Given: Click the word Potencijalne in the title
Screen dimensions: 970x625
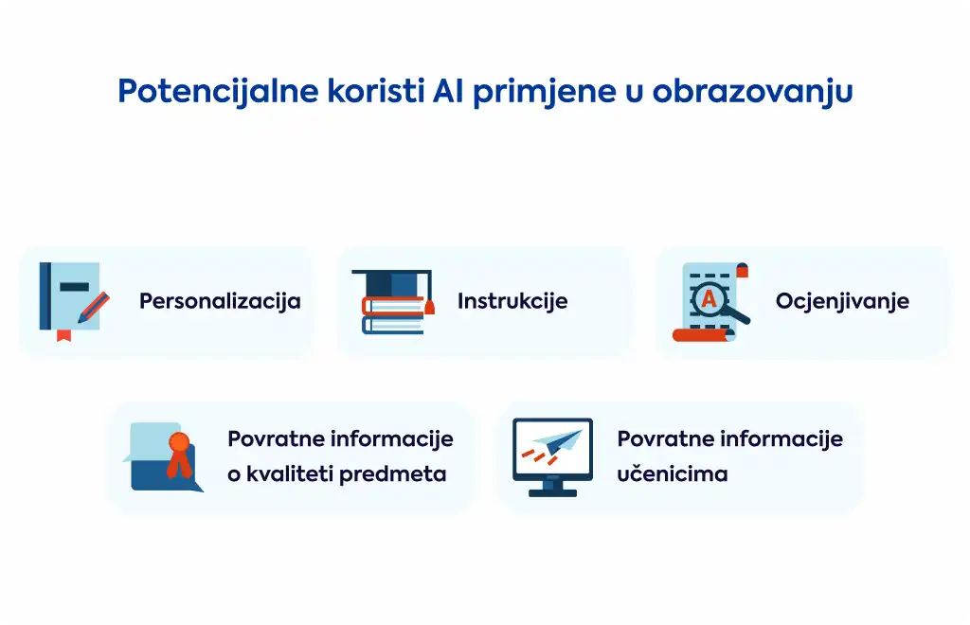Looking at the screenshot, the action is pos(218,91).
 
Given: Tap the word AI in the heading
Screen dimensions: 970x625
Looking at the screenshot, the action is pos(448,91).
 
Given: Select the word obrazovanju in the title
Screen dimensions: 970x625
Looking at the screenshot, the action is pos(752,92).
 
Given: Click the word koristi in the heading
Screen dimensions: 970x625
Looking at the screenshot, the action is pos(375,91).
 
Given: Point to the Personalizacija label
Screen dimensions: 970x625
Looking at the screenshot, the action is pos(220,302).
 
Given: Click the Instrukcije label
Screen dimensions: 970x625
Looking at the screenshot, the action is pos(512,302).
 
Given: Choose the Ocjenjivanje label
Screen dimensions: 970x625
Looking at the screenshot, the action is pos(842,302).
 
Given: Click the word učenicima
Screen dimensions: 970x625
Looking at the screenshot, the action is pos(673,474).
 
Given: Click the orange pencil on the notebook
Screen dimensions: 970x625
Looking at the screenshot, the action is pos(94,308).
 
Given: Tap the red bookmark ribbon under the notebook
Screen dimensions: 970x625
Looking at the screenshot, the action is pos(63,335).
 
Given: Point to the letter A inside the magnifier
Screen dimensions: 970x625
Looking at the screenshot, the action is pos(709,298).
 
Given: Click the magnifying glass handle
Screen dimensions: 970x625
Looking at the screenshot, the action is pos(737,315).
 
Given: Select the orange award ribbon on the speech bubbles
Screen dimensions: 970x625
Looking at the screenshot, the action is pos(179,455).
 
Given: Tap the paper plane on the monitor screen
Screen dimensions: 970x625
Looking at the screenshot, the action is pos(558,441).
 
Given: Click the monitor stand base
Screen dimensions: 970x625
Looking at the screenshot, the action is pos(552,492).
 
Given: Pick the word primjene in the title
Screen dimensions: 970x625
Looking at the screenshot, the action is pos(545,92).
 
